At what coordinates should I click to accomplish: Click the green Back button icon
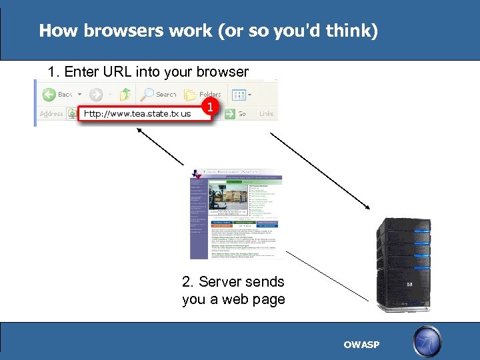tap(49, 94)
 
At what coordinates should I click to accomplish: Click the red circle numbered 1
tap(211, 107)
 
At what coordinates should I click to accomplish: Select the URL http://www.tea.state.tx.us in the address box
tap(137, 113)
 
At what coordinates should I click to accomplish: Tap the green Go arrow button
tap(229, 114)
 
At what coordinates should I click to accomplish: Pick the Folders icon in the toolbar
tap(190, 94)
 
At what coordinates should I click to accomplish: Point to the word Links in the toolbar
tap(266, 114)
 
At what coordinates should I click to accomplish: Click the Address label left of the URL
tap(51, 114)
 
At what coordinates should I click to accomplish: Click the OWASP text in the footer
tap(361, 345)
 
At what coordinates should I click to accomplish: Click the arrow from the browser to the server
tap(320, 169)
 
